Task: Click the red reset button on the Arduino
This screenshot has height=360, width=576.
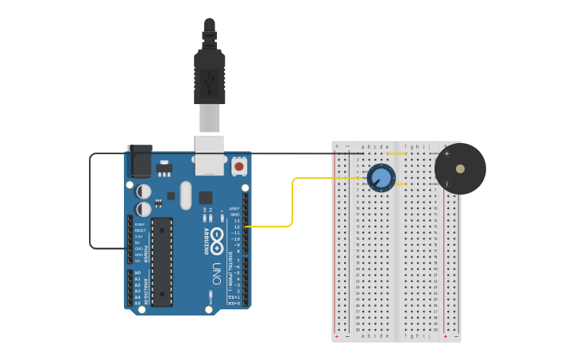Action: [x=238, y=167]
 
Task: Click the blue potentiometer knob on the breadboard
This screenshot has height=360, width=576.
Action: [x=381, y=177]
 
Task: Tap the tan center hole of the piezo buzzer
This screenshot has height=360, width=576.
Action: [x=460, y=168]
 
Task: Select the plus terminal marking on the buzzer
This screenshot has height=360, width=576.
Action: [x=446, y=153]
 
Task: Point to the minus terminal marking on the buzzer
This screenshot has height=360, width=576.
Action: [x=446, y=184]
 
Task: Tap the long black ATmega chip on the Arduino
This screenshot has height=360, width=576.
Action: [x=162, y=261]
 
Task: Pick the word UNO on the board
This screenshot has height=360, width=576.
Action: [x=216, y=275]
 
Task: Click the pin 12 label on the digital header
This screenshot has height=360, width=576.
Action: [x=236, y=226]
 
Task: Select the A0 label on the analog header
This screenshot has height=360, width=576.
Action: [x=137, y=273]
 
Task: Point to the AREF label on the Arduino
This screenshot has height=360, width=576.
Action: [x=234, y=208]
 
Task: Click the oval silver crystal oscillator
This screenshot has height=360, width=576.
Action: [x=186, y=195]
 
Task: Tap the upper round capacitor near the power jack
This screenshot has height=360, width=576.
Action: [x=144, y=192]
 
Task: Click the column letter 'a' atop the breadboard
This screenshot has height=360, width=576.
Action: [x=363, y=146]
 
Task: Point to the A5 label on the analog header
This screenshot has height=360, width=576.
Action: [x=137, y=303]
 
